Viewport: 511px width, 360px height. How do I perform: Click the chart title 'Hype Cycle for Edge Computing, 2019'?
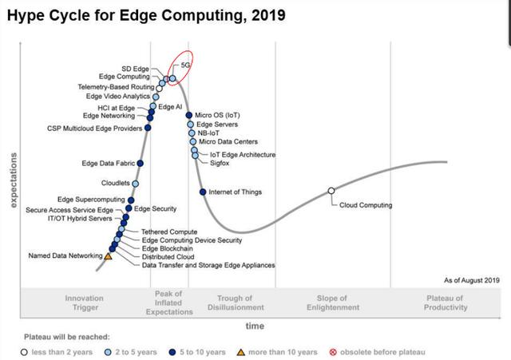[145, 15]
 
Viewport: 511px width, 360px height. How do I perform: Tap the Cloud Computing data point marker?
[331, 191]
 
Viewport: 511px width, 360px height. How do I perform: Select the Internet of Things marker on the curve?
[203, 192]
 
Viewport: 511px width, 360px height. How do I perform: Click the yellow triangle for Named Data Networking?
[109, 256]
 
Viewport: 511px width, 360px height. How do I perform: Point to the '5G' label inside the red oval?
[187, 63]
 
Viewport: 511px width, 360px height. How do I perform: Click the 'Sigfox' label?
[220, 162]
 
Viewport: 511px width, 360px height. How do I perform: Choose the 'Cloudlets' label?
[116, 183]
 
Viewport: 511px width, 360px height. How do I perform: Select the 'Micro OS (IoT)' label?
[218, 115]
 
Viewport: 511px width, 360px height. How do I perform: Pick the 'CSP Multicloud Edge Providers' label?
[94, 128]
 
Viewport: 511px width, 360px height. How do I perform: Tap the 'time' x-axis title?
[255, 326]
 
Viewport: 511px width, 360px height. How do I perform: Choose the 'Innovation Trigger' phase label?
[84, 303]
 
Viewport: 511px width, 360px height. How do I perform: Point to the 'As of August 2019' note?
[471, 280]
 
